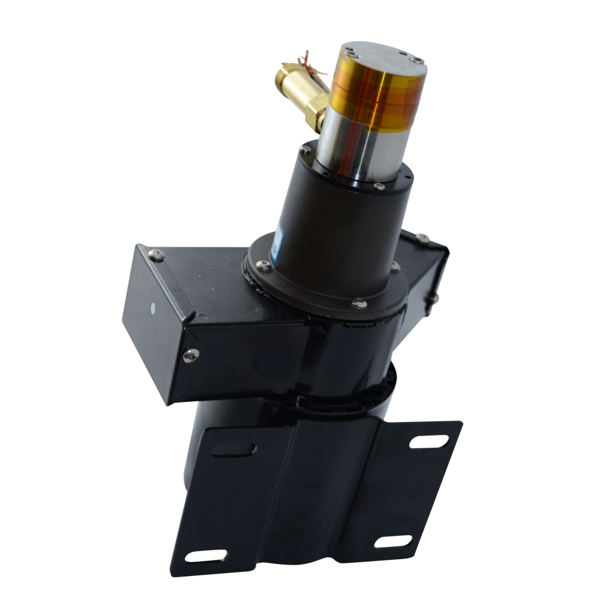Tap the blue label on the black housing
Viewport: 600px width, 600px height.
pyautogui.click(x=274, y=240)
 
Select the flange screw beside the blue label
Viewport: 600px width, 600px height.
pyautogui.click(x=262, y=265)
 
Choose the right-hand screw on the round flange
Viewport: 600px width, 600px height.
pyautogui.click(x=395, y=265)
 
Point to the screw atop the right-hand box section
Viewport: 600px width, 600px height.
pyautogui.click(x=422, y=238)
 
